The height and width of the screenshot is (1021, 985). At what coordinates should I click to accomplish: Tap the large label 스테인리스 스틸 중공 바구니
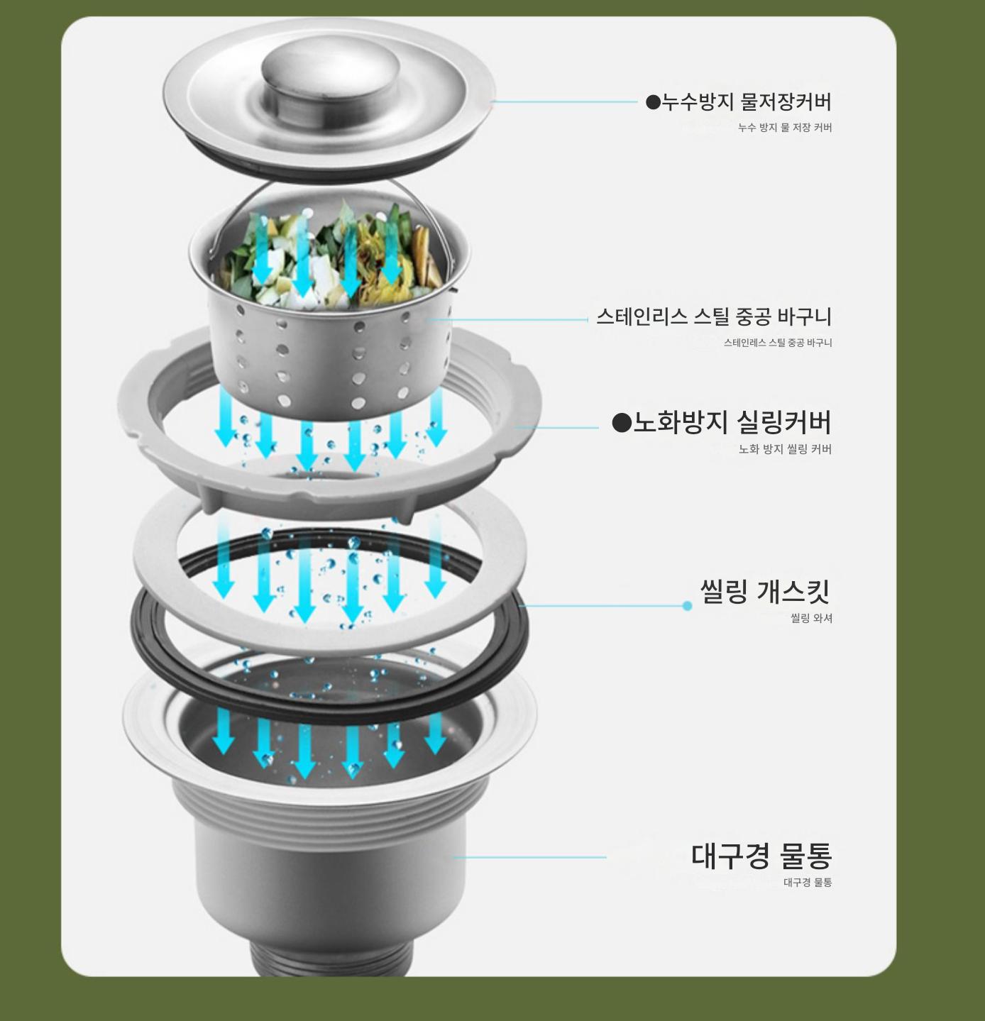[x=714, y=317]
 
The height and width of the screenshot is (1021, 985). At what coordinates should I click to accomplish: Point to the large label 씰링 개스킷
[x=765, y=592]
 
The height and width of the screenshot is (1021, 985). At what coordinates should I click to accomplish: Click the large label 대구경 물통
[x=761, y=856]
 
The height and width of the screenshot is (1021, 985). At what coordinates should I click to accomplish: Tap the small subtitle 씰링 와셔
[x=811, y=618]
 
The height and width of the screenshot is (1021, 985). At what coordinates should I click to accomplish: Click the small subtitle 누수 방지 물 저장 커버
[x=785, y=128]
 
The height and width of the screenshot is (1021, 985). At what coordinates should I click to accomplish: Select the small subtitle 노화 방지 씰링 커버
[x=785, y=449]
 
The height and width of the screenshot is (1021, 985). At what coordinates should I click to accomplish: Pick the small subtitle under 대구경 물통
[x=808, y=883]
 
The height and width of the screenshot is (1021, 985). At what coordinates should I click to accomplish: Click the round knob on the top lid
[x=330, y=76]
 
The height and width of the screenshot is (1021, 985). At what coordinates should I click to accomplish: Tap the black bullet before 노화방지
[x=622, y=423]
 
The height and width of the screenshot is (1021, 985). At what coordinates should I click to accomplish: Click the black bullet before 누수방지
[x=652, y=102]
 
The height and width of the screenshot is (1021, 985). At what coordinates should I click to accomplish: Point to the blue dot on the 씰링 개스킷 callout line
[x=687, y=606]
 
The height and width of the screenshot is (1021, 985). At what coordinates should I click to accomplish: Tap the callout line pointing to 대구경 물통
[x=529, y=858]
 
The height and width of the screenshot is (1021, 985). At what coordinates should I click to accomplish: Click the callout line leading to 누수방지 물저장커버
[x=564, y=101]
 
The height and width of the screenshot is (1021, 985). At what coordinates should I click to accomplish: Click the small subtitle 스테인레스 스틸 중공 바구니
[x=778, y=343]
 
